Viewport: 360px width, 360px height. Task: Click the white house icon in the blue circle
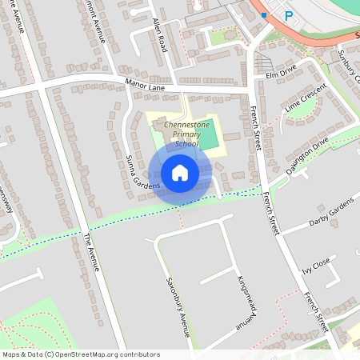coord(180,173)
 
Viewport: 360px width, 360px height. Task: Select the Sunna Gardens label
coord(137,171)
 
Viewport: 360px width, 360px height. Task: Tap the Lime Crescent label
coord(306,99)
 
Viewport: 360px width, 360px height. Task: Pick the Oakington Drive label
coord(308,151)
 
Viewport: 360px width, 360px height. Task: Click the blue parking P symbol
coord(287,15)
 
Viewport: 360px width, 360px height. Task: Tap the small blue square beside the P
coord(264,14)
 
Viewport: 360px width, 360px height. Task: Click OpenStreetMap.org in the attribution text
coord(99,354)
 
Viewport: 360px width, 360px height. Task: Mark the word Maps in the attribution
coord(12,354)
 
